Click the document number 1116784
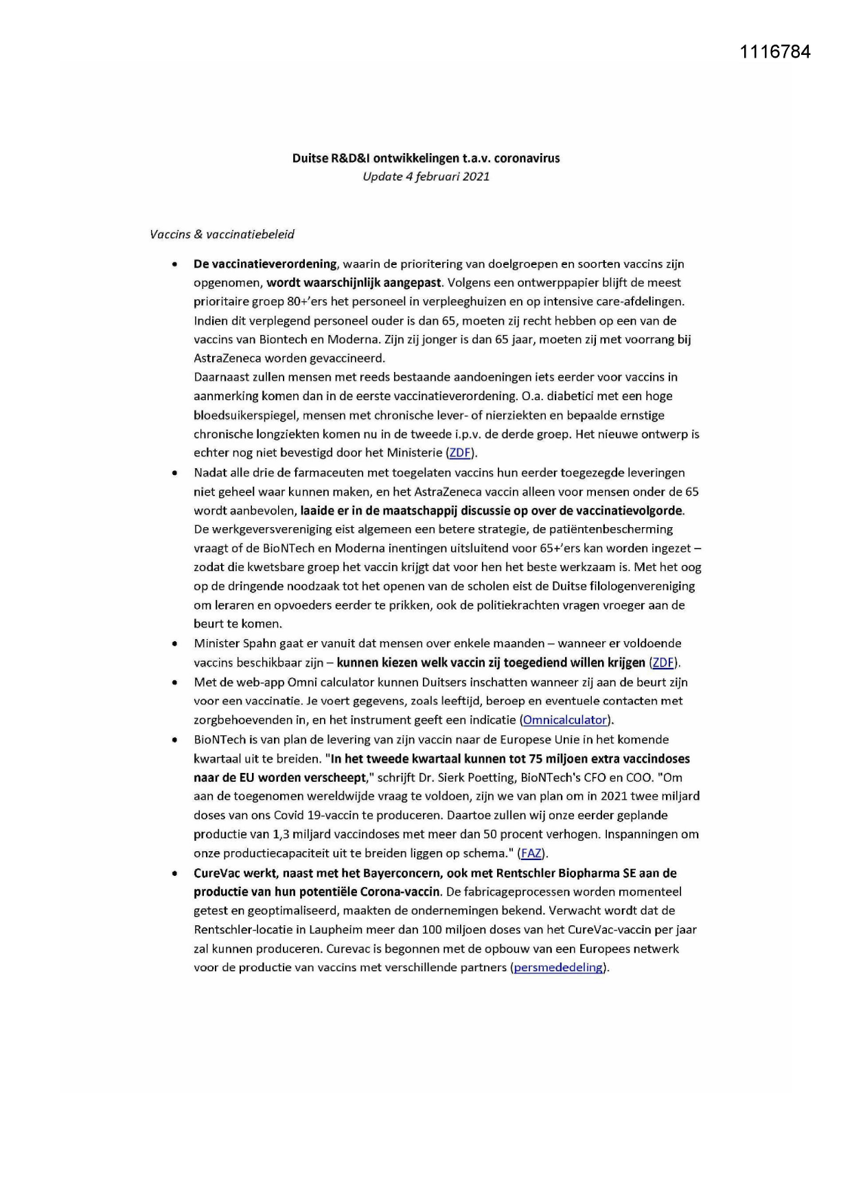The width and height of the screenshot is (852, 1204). (775, 52)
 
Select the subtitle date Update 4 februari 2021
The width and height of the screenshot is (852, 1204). (426, 176)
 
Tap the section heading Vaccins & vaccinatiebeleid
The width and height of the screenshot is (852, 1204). (222, 235)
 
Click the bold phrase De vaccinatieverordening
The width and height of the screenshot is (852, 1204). (265, 264)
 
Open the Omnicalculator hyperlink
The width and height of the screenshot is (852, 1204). (564, 720)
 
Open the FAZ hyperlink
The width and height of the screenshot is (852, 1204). (531, 854)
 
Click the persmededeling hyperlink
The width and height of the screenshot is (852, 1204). (558, 968)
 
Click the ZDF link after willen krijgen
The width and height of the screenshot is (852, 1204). (663, 663)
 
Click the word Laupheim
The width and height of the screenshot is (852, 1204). (338, 930)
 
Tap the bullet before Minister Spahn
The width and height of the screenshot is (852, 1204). (176, 644)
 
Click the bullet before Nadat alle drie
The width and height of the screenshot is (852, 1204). (176, 473)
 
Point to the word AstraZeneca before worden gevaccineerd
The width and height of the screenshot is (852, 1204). (227, 358)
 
